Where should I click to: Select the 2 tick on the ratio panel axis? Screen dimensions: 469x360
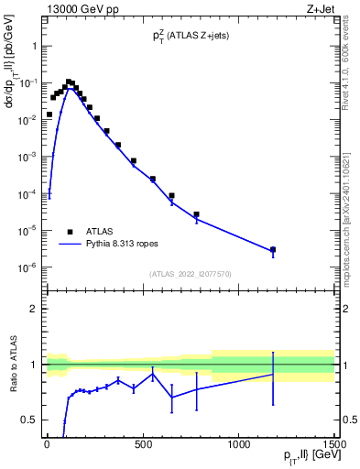tap(32, 309)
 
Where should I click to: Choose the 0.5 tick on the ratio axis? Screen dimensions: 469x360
tap(28, 420)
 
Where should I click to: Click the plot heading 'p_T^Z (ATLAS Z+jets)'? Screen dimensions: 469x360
tap(190, 35)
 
